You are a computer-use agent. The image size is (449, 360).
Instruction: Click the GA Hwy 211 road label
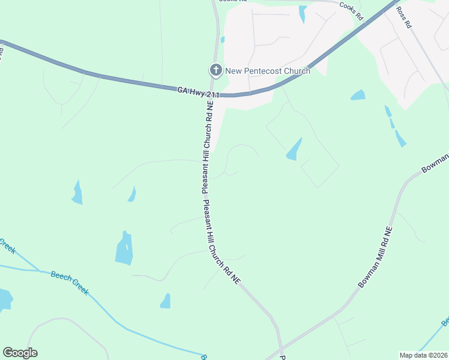(198, 92)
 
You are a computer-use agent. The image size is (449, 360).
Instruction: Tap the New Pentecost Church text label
(268, 71)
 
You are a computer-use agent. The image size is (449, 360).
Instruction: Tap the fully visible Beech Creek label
(70, 283)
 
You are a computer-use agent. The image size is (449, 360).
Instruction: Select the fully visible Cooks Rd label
(351, 12)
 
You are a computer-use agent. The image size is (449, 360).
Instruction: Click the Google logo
(20, 353)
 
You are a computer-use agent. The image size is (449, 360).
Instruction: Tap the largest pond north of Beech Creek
(124, 248)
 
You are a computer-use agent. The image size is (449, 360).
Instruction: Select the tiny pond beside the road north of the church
(223, 40)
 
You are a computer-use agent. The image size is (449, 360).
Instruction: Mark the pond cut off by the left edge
(5, 299)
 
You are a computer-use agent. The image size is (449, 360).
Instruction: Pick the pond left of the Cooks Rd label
(303, 13)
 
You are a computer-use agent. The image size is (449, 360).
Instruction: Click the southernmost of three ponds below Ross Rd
(400, 139)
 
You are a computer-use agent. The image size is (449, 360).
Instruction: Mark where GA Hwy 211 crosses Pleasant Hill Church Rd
(214, 94)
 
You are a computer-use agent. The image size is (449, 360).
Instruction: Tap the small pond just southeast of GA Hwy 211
(358, 95)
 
